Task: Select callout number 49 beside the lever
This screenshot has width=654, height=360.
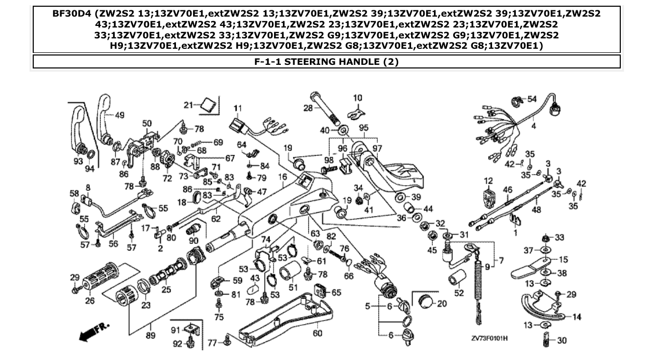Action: tap(119, 115)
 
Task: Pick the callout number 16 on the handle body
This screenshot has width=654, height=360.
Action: tap(282, 177)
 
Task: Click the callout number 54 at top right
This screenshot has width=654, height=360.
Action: tap(532, 99)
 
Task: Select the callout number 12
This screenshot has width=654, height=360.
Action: tap(488, 181)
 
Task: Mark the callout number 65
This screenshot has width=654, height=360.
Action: tap(336, 293)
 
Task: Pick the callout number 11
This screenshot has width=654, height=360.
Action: tap(238, 108)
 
